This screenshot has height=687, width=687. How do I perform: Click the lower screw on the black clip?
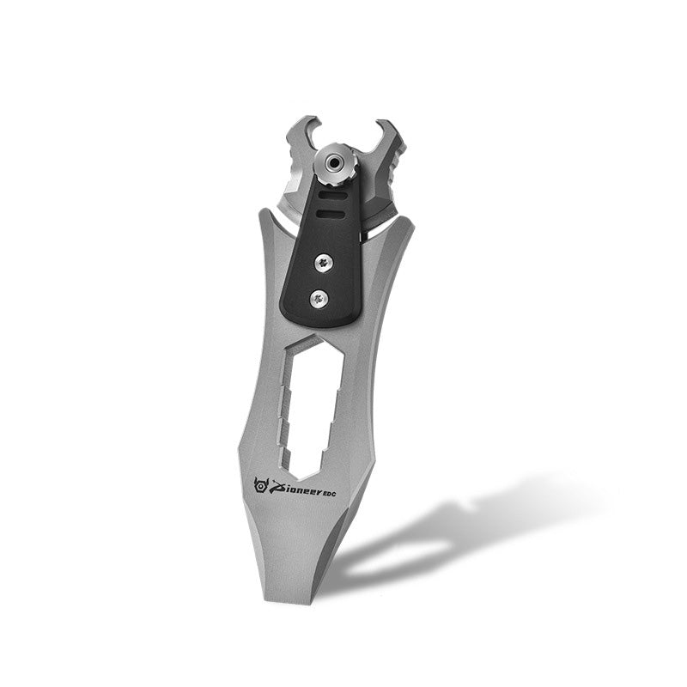(319, 298)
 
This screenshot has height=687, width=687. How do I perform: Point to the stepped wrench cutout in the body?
(310, 404)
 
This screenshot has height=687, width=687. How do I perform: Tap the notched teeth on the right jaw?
(398, 172)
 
